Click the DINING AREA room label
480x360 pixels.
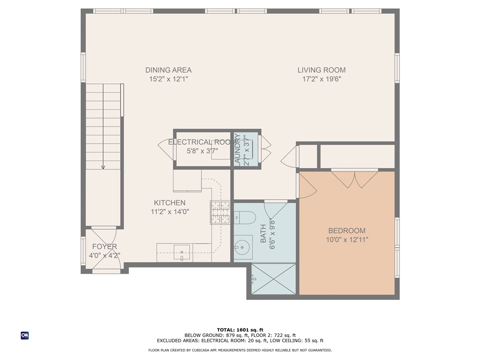coord(168,70)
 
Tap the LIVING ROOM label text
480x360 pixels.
coord(321,70)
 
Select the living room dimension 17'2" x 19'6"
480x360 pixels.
coord(321,79)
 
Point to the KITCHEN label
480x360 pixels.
coord(170,203)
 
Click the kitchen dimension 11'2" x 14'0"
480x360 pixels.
coord(170,212)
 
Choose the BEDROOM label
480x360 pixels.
coord(346,231)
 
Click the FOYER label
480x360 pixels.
coord(104,247)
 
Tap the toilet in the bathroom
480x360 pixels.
coord(244,217)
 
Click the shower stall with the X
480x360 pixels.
coord(274,279)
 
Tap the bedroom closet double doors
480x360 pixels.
coord(355,179)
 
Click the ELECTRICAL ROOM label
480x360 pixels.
coord(202,142)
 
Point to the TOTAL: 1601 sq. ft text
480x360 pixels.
coord(240,330)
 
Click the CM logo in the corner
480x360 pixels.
coord(24,335)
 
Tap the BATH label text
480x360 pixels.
coord(263,233)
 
